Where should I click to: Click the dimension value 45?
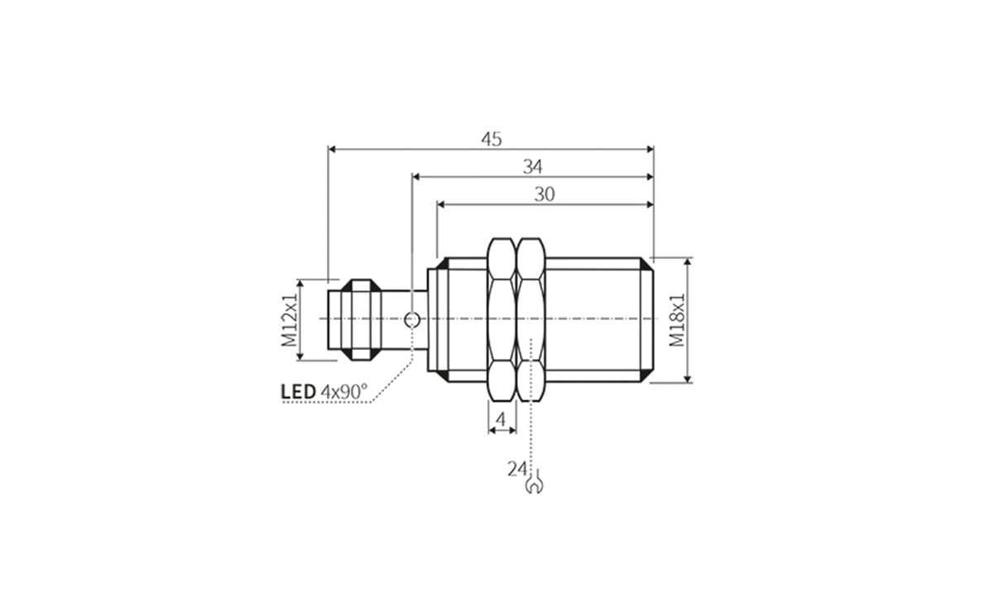tap(492, 139)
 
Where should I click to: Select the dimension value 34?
tap(532, 166)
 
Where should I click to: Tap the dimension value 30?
tap(544, 194)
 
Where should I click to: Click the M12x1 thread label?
tap(289, 319)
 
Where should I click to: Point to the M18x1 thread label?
tap(678, 319)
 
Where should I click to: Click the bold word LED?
tap(298, 391)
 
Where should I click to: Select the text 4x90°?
tap(344, 391)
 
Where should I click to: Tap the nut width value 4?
tap(500, 421)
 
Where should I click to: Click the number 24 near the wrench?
tap(517, 469)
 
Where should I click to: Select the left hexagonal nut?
tap(501, 319)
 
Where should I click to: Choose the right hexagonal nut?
tap(530, 319)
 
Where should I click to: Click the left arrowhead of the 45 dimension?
tap(333, 150)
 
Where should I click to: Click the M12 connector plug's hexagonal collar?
tap(362, 319)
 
